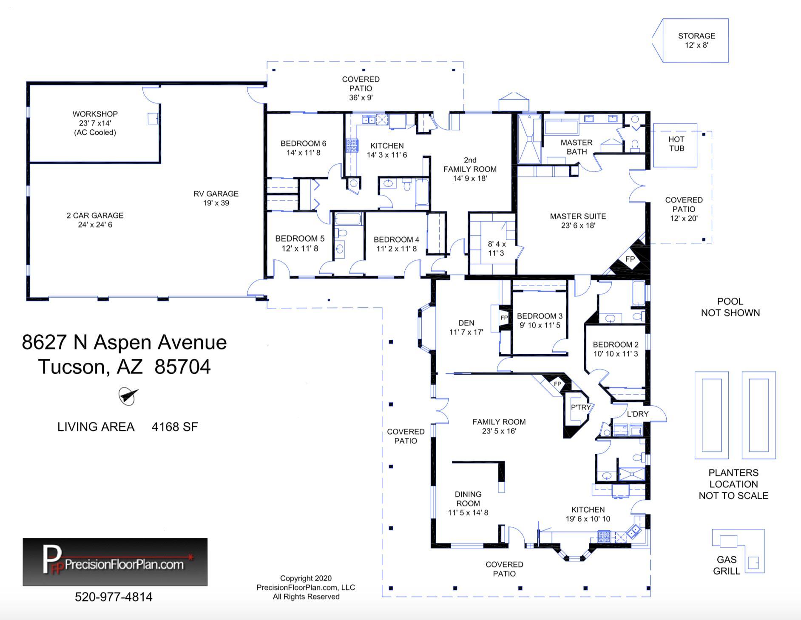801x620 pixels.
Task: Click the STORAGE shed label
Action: coord(696,40)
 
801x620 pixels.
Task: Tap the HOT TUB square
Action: coord(675,145)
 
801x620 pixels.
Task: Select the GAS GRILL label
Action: coord(727,566)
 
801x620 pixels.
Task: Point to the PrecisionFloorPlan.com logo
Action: coord(115,562)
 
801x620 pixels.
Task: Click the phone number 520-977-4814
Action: coord(114,597)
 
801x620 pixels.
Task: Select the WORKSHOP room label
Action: coord(95,123)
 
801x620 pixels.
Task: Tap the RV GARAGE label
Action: coord(216,198)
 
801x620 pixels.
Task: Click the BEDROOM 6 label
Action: coord(303,148)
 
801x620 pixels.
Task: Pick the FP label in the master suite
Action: coord(630,259)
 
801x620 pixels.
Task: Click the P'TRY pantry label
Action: coord(581,407)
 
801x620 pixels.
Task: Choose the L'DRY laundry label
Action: coord(638,414)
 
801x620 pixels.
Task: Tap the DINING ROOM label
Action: coord(468,503)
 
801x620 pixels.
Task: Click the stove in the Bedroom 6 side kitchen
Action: coord(352,145)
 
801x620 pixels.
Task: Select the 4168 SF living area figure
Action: coord(175,427)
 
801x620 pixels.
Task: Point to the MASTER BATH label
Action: coord(577,147)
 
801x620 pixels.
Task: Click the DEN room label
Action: coord(466,327)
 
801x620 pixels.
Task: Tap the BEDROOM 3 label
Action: coord(540,321)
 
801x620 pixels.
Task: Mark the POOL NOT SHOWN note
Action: coord(730,307)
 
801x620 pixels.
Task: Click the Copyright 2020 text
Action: coord(306,578)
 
